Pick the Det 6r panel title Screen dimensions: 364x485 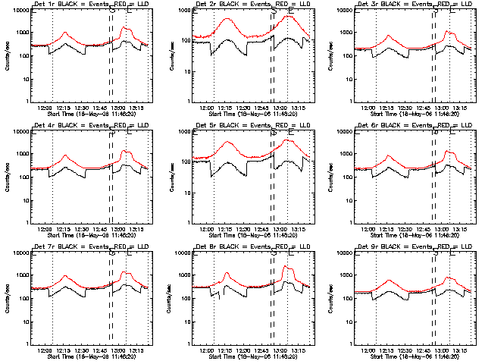click(x=412, y=127)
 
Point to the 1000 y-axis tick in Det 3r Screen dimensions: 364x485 click(x=348, y=33)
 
